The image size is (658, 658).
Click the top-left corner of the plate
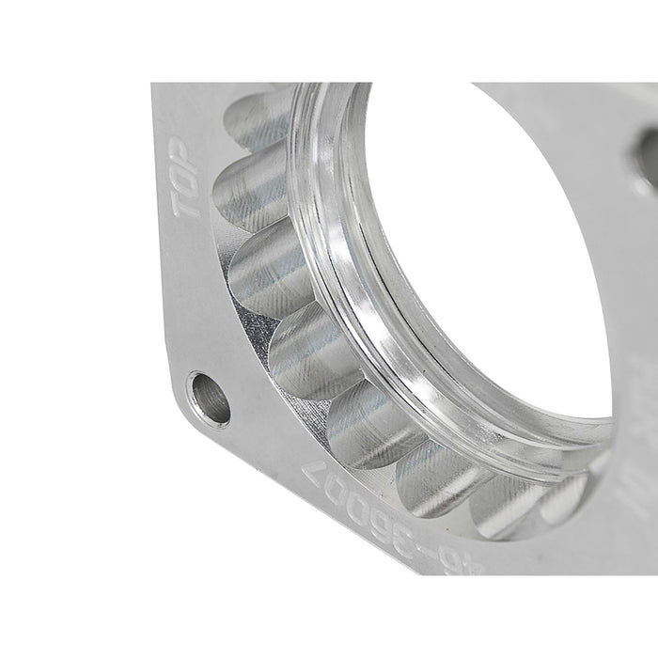(155, 87)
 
